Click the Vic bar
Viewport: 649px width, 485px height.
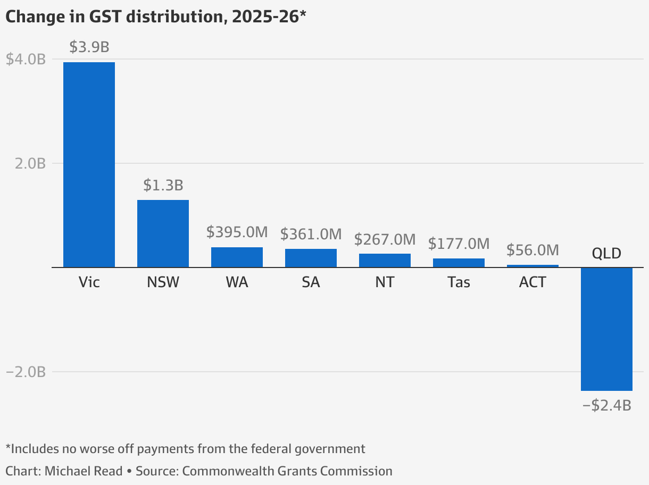point(89,164)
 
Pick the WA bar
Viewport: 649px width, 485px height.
point(237,257)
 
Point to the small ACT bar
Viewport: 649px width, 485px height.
point(532,265)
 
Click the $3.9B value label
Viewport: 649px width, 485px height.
point(89,47)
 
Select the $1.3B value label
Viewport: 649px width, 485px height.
point(163,185)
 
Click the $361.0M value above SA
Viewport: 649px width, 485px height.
point(311,233)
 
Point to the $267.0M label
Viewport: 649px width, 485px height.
point(385,239)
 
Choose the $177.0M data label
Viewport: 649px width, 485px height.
point(459,244)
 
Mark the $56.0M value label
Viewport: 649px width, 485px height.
point(532,250)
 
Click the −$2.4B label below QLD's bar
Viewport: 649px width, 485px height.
point(606,405)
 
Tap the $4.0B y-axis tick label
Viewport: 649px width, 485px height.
point(26,60)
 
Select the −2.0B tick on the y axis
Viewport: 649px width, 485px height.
point(26,372)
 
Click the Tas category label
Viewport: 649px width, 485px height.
point(459,282)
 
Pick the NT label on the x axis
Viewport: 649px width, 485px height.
point(385,282)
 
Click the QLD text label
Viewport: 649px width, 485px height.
point(606,253)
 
